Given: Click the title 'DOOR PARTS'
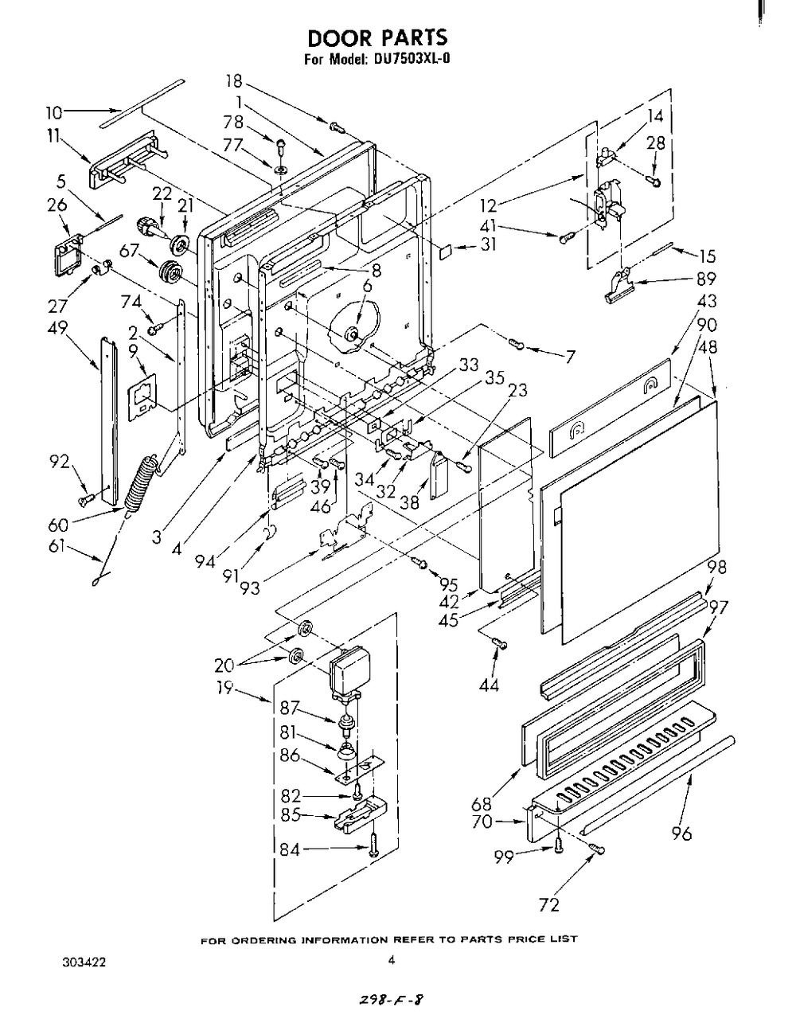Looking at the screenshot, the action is pyautogui.click(x=377, y=38).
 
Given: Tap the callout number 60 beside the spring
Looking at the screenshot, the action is pyautogui.click(x=58, y=525).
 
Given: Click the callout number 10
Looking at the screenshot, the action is pyautogui.click(x=54, y=112).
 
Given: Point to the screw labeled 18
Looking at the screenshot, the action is pyautogui.click(x=336, y=125).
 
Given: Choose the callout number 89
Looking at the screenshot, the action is pyautogui.click(x=706, y=279).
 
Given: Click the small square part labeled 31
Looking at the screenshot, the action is pyautogui.click(x=446, y=252).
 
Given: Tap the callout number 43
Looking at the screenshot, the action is pyautogui.click(x=706, y=301).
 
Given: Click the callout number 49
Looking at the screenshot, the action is pyautogui.click(x=57, y=327).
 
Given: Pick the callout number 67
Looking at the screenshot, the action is pyautogui.click(x=128, y=251).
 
